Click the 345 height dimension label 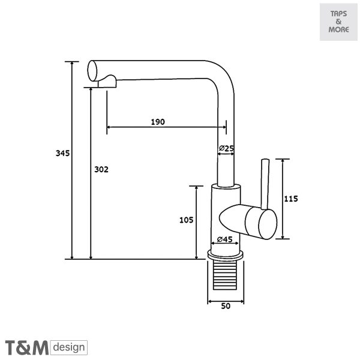click(62, 153)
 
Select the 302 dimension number click(101, 169)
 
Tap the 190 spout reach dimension click(158, 122)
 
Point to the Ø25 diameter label click(226, 148)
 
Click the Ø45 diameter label click(225, 239)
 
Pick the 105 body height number click(186, 220)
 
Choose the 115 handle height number click(291, 199)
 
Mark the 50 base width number click(226, 306)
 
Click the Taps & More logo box click(338, 22)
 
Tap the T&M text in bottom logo click(27, 347)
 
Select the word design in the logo click(69, 347)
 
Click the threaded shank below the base click(225, 275)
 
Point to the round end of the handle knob click(268, 224)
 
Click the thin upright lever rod click(265, 184)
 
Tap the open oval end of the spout click(92, 71)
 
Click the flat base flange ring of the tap click(225, 255)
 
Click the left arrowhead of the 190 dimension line click(109, 127)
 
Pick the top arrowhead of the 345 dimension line click(72, 64)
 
